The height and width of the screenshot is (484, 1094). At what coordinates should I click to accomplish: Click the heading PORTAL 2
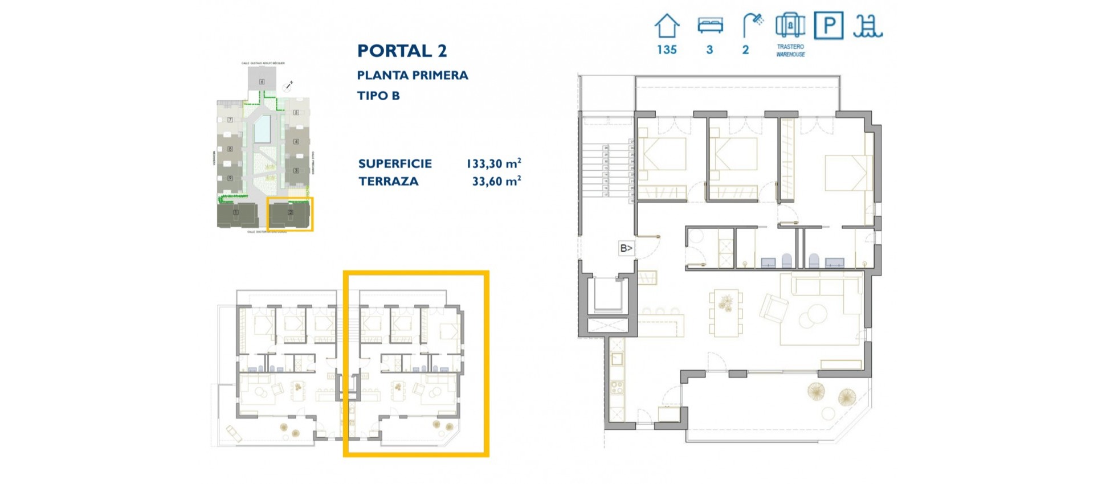pyautogui.click(x=402, y=51)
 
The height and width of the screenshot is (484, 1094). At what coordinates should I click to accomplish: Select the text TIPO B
pyautogui.click(x=378, y=96)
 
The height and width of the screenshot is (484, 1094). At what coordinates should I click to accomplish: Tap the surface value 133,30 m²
pyautogui.click(x=493, y=164)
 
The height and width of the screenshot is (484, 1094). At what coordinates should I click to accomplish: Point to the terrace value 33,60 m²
pyautogui.click(x=496, y=182)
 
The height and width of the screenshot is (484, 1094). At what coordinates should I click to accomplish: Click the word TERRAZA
pyautogui.click(x=388, y=182)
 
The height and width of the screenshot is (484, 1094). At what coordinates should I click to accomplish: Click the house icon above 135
pyautogui.click(x=667, y=26)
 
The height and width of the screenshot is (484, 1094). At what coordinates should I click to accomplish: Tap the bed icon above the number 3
pyautogui.click(x=710, y=26)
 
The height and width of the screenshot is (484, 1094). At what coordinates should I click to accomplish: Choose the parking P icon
pyautogui.click(x=828, y=26)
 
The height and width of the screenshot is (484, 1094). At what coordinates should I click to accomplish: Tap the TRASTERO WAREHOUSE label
pyautogui.click(x=790, y=51)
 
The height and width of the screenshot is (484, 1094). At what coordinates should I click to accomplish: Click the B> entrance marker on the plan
pyautogui.click(x=626, y=248)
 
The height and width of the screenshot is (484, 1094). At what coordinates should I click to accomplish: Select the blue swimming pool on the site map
pyautogui.click(x=263, y=129)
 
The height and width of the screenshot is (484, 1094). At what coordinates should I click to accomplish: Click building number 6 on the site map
pyautogui.click(x=262, y=81)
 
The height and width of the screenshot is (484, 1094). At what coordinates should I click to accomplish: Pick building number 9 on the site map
pyautogui.click(x=230, y=178)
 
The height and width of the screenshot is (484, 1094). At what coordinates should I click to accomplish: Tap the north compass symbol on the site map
pyautogui.click(x=288, y=87)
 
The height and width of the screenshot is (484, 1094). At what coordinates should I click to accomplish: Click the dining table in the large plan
pyautogui.click(x=726, y=313)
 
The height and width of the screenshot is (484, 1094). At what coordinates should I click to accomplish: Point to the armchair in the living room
pyautogui.click(x=774, y=308)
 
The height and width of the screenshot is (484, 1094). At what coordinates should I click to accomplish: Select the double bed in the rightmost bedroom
pyautogui.click(x=847, y=173)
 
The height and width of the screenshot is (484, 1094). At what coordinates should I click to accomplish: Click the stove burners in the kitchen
pyautogui.click(x=617, y=388)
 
